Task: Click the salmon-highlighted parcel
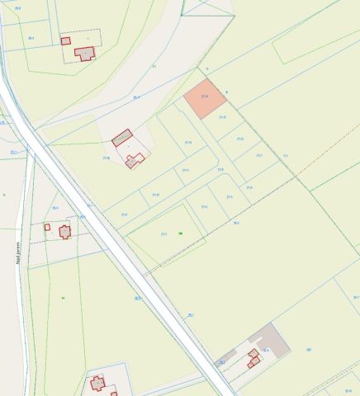(x=204, y=99)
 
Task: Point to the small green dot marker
(x=180, y=233)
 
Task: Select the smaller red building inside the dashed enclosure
(x=65, y=40)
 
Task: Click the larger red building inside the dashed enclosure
(x=84, y=53)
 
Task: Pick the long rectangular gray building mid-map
(x=122, y=138)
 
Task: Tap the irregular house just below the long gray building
(x=135, y=159)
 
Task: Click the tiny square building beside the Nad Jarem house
(x=47, y=227)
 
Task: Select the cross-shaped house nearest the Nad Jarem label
(x=64, y=232)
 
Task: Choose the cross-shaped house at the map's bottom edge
(x=97, y=383)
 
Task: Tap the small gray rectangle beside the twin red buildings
(x=221, y=361)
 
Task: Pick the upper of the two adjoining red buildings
(x=253, y=353)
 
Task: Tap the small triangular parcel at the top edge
(x=197, y=7)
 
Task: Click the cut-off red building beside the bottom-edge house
(x=114, y=394)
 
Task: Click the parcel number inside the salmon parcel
(x=204, y=97)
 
